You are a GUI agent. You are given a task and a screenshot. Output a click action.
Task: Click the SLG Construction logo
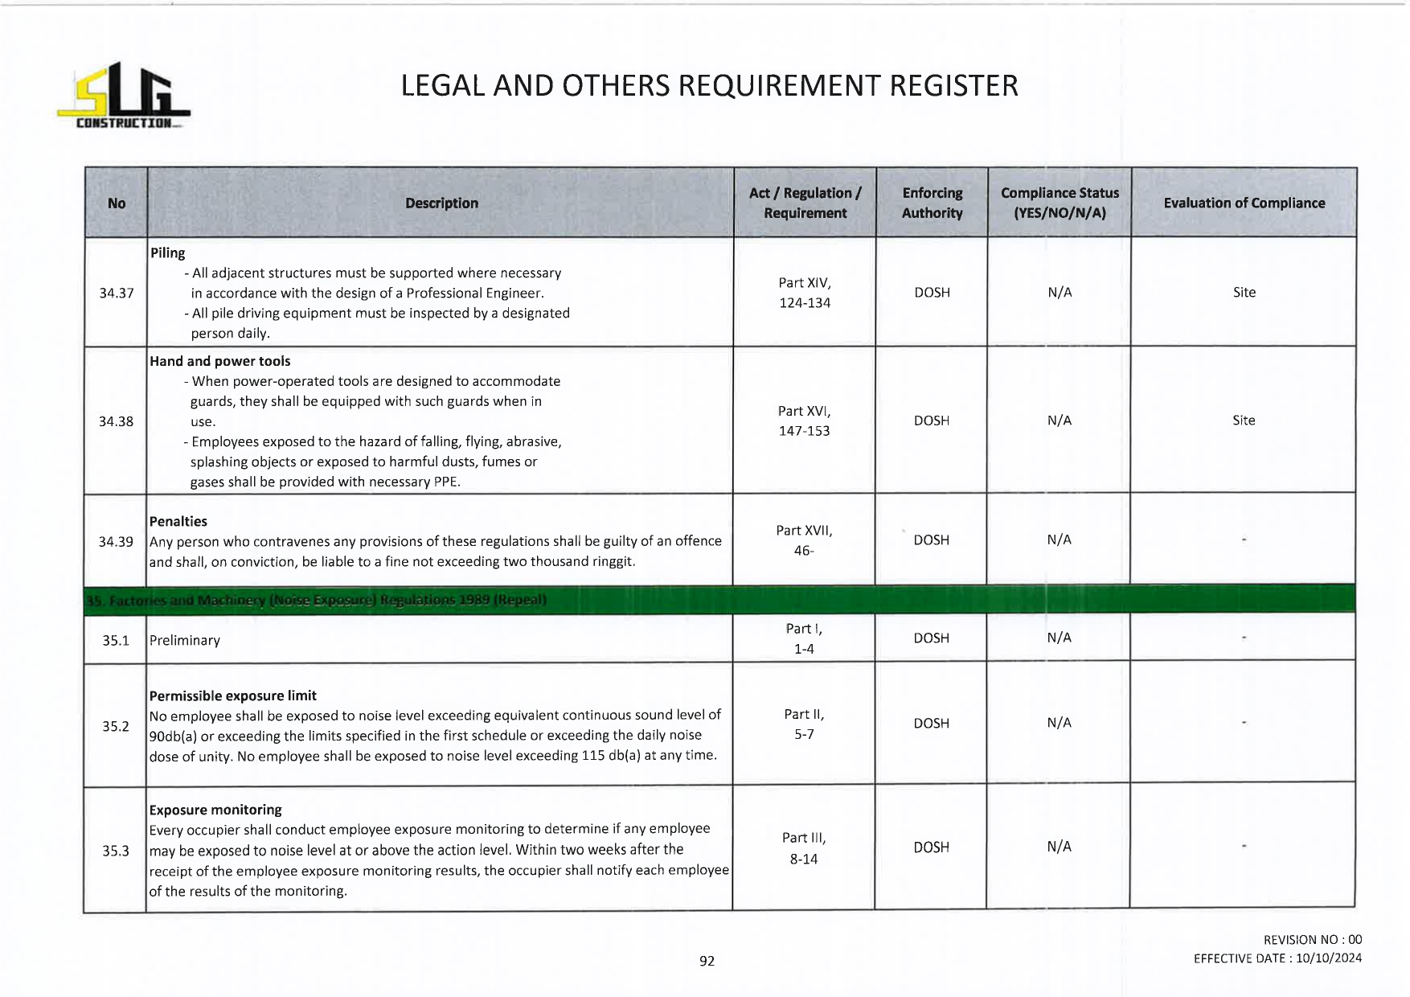tap(124, 96)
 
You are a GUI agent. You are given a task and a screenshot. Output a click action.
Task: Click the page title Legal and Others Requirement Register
tap(709, 86)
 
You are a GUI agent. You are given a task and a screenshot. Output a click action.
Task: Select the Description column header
tap(441, 203)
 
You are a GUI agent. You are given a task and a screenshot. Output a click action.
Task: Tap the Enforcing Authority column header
tap(932, 203)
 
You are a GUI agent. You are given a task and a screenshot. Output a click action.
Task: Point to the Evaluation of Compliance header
tap(1244, 203)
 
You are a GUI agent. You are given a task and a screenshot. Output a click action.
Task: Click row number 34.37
tap(117, 293)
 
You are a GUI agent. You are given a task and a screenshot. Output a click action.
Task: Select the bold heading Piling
tap(167, 252)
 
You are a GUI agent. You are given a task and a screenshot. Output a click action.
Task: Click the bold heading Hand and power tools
tap(219, 361)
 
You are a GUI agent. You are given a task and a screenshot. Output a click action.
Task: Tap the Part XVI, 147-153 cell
tap(804, 421)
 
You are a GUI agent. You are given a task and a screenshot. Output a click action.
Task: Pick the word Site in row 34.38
tap(1244, 421)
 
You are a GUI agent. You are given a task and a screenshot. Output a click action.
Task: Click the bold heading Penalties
tap(178, 521)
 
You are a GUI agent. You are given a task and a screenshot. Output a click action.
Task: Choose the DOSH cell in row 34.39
tap(932, 540)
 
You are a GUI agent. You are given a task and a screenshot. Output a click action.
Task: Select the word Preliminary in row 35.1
tap(184, 640)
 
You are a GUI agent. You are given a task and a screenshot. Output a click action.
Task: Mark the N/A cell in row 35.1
tap(1059, 638)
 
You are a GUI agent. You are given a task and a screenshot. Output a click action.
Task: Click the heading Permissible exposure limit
tap(232, 695)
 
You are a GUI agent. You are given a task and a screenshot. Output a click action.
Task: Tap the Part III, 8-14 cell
tap(804, 848)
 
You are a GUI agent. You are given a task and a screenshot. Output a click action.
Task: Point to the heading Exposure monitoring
tap(215, 810)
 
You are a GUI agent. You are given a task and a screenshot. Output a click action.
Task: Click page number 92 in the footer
tap(707, 961)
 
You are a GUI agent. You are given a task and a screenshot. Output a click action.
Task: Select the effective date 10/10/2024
tap(1328, 958)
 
